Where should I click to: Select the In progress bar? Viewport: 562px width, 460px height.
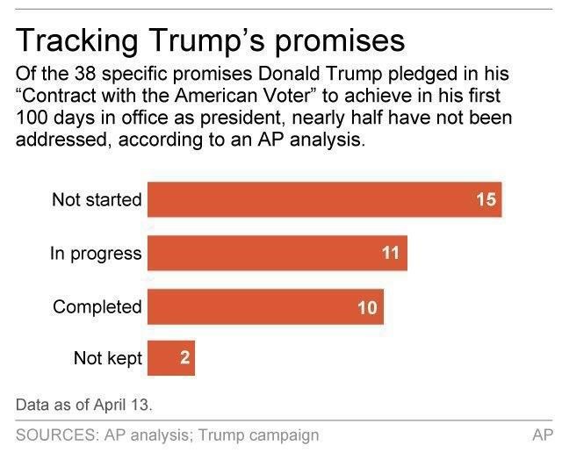[x=277, y=254]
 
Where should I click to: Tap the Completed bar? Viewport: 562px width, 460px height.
[x=265, y=306]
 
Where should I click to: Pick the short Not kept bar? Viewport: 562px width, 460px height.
[x=170, y=358]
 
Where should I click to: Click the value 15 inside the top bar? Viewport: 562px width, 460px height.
[x=486, y=199]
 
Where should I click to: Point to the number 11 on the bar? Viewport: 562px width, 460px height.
[x=391, y=254]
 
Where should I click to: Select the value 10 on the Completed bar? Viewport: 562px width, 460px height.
[x=367, y=307]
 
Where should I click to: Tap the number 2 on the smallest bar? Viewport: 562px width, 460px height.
[x=184, y=359]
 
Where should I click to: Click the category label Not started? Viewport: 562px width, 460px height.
[x=96, y=199]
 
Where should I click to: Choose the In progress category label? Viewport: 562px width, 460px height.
[x=95, y=254]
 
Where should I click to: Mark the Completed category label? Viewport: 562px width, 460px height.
[x=97, y=307]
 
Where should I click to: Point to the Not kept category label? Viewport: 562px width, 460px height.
[x=107, y=359]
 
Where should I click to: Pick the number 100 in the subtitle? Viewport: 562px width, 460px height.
[x=32, y=119]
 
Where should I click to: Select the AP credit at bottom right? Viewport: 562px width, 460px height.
[x=542, y=435]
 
